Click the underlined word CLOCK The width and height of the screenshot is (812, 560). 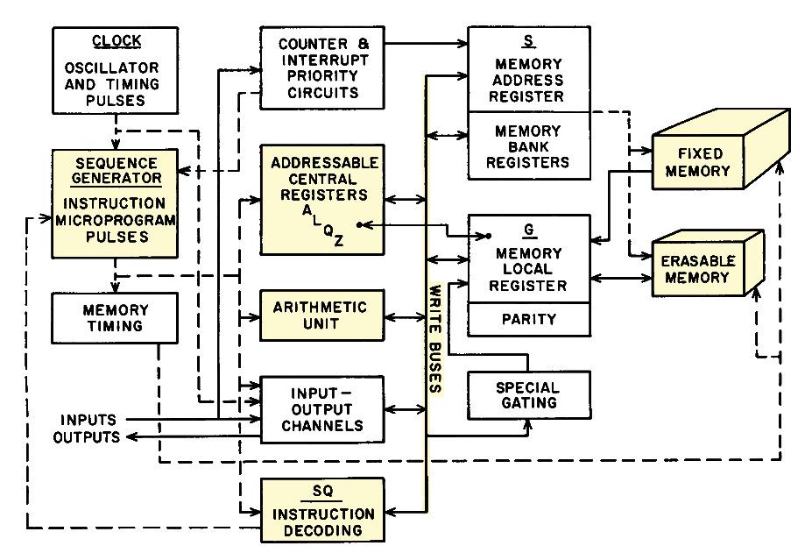tap(117, 41)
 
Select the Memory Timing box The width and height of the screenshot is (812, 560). tap(115, 318)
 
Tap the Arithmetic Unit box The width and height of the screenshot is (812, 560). tap(322, 315)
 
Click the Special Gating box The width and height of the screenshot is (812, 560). tap(529, 395)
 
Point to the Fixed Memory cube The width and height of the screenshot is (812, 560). tap(721, 149)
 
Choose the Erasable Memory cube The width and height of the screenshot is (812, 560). tap(708, 263)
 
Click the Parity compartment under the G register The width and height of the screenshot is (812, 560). tap(529, 319)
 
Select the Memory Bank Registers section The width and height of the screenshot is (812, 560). tap(529, 146)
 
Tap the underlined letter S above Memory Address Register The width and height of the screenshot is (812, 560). tap(528, 41)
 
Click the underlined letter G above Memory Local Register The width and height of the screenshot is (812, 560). tap(529, 230)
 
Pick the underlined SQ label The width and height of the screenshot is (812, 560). tap(322, 492)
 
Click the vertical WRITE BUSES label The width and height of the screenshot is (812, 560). tap(435, 339)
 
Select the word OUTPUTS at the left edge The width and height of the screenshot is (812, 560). tap(87, 436)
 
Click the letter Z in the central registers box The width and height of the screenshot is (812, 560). tap(339, 240)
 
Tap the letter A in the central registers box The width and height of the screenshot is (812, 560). tap(307, 210)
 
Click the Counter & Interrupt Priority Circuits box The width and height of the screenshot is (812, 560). tap(322, 67)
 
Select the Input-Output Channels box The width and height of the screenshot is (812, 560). tap(322, 409)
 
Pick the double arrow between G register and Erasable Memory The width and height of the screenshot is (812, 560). tap(621, 278)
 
